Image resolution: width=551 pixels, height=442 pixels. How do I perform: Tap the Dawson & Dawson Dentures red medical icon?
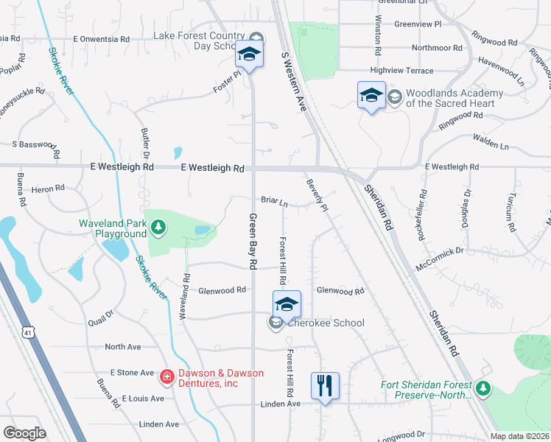pos(167,378)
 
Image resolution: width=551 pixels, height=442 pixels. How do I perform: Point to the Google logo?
pos(24,433)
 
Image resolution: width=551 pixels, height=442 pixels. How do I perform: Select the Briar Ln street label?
pos(273,200)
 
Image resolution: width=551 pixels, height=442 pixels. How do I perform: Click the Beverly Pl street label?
pos(317,195)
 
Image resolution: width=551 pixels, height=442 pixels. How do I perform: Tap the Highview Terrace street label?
pos(401,70)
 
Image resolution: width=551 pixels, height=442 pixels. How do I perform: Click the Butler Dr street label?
pos(145,142)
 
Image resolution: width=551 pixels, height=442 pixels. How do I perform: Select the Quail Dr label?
pos(101,317)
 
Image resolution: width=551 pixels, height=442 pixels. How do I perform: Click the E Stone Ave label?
pos(132,373)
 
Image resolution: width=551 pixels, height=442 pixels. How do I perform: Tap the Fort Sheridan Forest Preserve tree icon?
pos(483,388)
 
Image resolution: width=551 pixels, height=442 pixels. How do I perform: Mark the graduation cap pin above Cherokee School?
pos(287,304)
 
